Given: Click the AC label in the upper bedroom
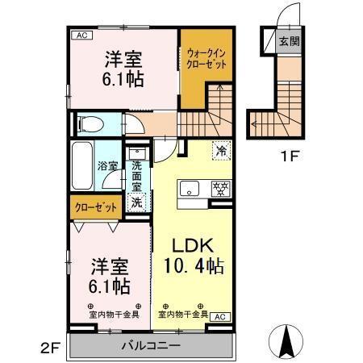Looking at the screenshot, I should [x=81, y=34].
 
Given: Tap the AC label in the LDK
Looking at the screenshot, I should [x=219, y=317].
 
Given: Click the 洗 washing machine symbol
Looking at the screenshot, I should [x=136, y=202].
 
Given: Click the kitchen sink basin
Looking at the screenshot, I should [x=189, y=190].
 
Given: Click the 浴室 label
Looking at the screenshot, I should [x=108, y=166].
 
